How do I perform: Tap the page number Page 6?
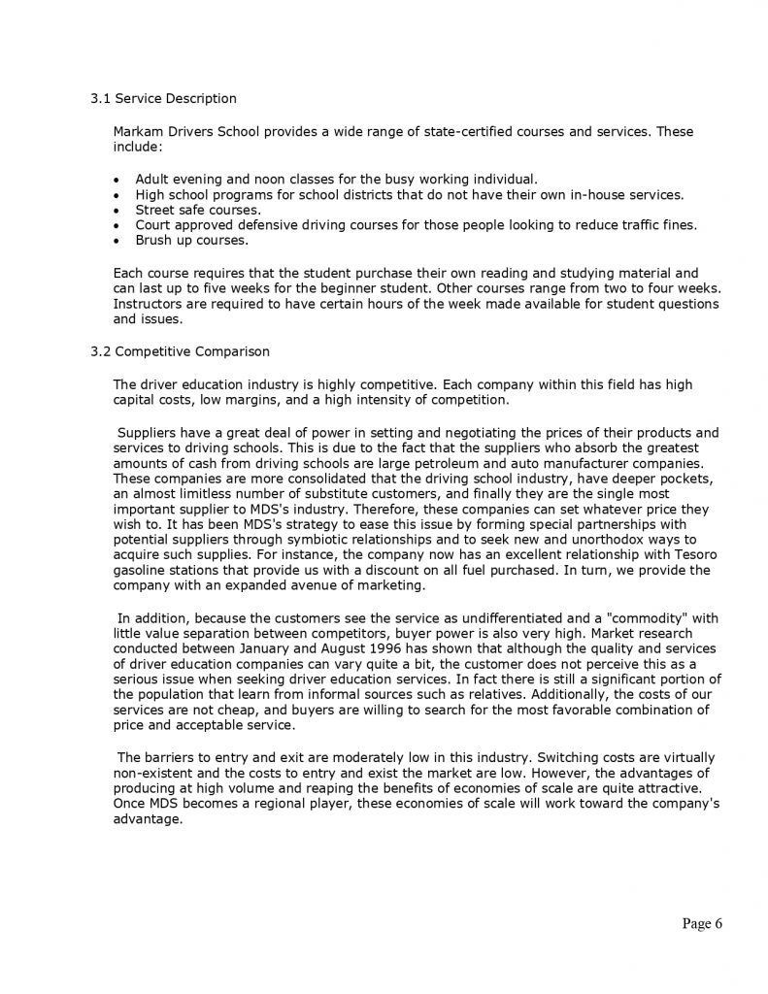(x=702, y=923)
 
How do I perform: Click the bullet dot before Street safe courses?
(x=117, y=210)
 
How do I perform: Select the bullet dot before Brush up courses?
(x=117, y=240)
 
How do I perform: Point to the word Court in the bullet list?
(x=153, y=225)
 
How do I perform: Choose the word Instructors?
(x=148, y=304)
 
